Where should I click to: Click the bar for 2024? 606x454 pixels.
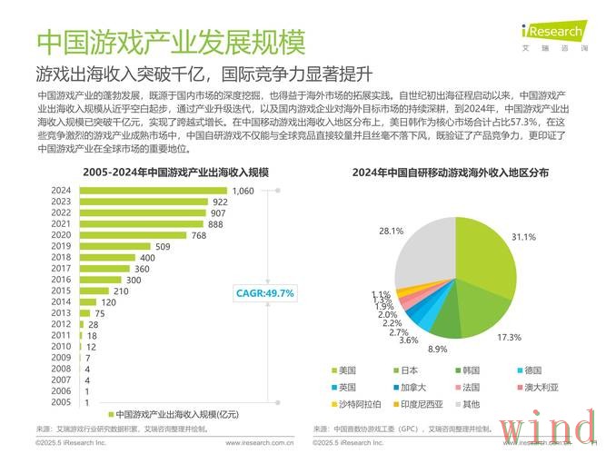pos(153,191)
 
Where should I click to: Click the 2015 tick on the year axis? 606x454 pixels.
pos(61,291)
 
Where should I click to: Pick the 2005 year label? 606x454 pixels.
pos(61,401)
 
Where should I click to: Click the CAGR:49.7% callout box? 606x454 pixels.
pos(264,292)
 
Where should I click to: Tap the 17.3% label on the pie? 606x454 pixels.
pos(508,337)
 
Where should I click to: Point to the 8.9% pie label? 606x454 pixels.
pos(438,350)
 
